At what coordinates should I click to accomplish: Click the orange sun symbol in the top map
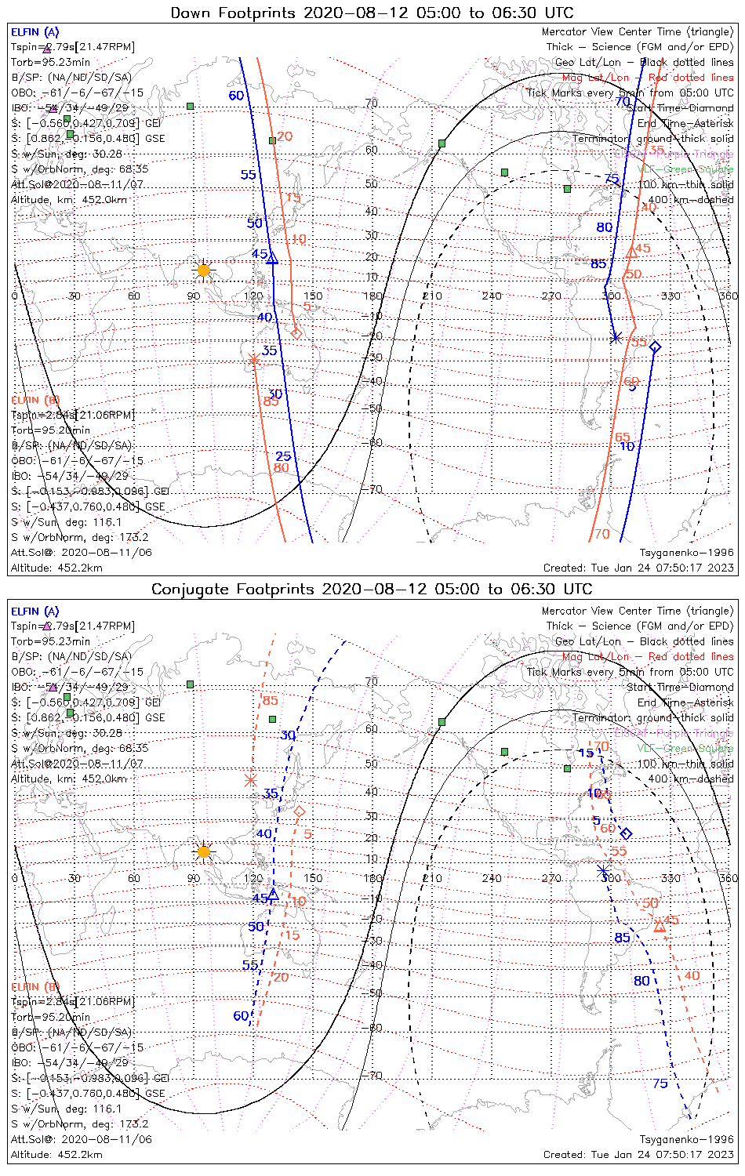coord(204,270)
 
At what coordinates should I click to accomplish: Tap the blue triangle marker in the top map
coord(272,258)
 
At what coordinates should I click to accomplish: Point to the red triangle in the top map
coord(632,252)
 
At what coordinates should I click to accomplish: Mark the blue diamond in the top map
coord(655,347)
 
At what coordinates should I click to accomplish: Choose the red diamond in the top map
coord(296,333)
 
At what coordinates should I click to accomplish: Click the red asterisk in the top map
coord(253,360)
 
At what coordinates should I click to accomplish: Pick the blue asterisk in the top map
coord(616,338)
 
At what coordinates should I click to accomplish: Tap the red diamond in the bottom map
coord(299,811)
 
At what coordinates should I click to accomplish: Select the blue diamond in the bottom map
coord(626,833)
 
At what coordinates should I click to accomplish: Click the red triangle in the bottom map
coord(660,927)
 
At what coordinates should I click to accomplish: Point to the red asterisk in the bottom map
coord(251,780)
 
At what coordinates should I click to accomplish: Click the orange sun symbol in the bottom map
coord(204,851)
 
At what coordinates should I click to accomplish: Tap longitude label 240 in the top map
coord(492,296)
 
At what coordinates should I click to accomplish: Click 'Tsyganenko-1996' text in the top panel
coord(686,553)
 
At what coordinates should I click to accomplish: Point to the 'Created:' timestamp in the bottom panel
coord(638,1154)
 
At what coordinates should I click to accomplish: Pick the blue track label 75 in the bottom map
coord(660,1083)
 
